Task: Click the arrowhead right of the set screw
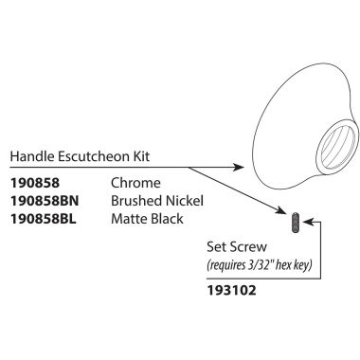[x=305, y=223]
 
